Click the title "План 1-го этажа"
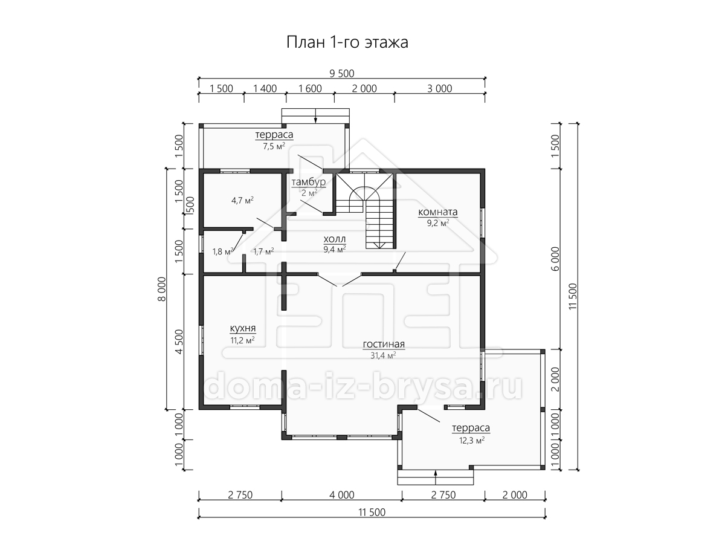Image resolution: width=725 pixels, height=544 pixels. (x=347, y=42)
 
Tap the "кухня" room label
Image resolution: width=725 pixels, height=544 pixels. (x=243, y=328)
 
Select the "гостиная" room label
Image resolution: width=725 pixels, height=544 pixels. (x=384, y=344)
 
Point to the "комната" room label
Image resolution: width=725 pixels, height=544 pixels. (x=438, y=212)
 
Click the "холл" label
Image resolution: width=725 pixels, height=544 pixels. (x=335, y=239)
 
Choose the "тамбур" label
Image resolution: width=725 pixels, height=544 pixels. (x=309, y=182)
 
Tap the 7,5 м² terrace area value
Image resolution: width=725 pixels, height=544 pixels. (x=274, y=146)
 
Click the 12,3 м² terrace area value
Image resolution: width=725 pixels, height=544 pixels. (x=472, y=440)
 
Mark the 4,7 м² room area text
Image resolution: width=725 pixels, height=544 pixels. (x=242, y=201)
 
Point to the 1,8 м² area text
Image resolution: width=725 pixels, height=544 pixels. (x=222, y=251)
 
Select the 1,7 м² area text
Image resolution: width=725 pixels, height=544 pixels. (x=263, y=251)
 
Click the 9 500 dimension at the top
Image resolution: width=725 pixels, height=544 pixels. (x=342, y=73)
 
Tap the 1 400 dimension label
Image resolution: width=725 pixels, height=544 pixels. (x=265, y=88)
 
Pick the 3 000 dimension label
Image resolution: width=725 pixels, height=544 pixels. (x=440, y=88)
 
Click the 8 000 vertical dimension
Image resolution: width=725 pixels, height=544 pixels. (x=162, y=289)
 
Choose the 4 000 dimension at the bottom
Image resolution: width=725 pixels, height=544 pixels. (x=342, y=495)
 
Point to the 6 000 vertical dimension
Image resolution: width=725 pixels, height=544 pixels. (x=556, y=259)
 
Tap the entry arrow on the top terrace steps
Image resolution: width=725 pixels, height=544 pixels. (x=315, y=116)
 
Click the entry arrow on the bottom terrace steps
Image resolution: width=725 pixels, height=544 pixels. (x=436, y=478)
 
